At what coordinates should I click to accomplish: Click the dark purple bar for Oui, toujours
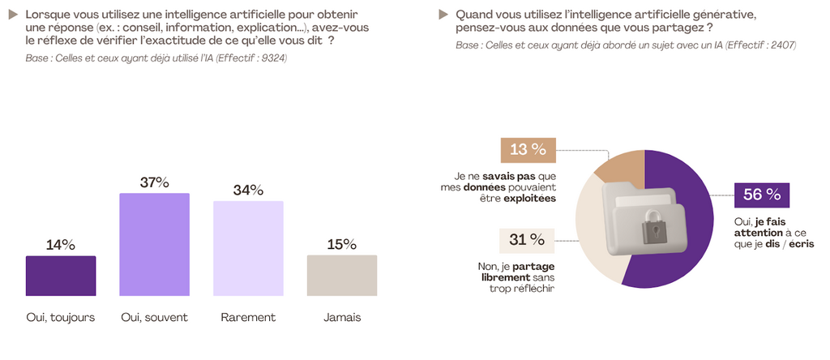[x=61, y=276]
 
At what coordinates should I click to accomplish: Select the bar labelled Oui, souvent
[x=154, y=244]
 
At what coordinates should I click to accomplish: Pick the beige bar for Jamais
[x=342, y=275]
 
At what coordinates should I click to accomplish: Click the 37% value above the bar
[x=154, y=182]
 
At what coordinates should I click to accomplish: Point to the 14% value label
[x=61, y=245]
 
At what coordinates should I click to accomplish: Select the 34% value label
[x=248, y=191]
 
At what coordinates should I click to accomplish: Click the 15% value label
[x=342, y=244]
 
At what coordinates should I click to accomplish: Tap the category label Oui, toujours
[x=61, y=317]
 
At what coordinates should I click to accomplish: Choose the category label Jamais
[x=342, y=317]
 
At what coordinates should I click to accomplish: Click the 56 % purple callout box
[x=761, y=195]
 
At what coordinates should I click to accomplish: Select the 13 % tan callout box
[x=528, y=149]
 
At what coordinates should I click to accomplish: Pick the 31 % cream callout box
[x=528, y=240]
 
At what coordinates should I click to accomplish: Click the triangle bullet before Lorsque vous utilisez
[x=13, y=15]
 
